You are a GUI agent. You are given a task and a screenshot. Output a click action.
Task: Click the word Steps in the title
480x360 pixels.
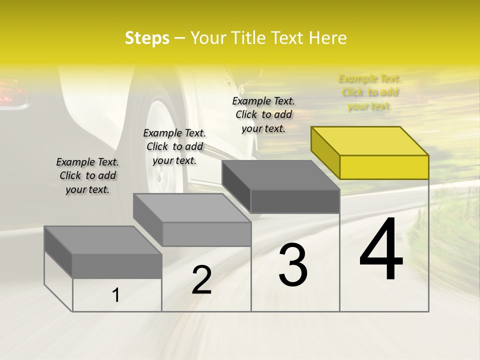[x=147, y=38]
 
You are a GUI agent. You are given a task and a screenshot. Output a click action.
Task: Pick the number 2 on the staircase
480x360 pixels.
[x=201, y=280]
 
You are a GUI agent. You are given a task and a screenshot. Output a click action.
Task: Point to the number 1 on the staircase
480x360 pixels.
[x=116, y=295]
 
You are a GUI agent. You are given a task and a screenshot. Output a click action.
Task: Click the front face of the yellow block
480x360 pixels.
[x=384, y=167]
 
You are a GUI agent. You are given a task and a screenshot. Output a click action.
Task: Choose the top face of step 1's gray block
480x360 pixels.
[x=103, y=240]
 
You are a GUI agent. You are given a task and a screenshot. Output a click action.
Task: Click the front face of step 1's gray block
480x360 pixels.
[x=117, y=266]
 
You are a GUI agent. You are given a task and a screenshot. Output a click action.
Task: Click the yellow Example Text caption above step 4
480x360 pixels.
[x=370, y=92]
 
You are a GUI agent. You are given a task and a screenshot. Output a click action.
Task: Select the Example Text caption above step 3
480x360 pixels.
[x=263, y=114]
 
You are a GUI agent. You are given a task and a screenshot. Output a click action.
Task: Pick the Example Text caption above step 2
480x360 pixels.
[x=174, y=146]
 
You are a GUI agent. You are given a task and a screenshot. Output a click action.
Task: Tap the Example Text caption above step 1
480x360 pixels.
[x=87, y=175]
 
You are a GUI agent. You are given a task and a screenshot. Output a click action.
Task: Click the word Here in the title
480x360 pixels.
[x=328, y=38]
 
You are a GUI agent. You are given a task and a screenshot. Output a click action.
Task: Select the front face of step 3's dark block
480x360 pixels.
[x=295, y=201]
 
